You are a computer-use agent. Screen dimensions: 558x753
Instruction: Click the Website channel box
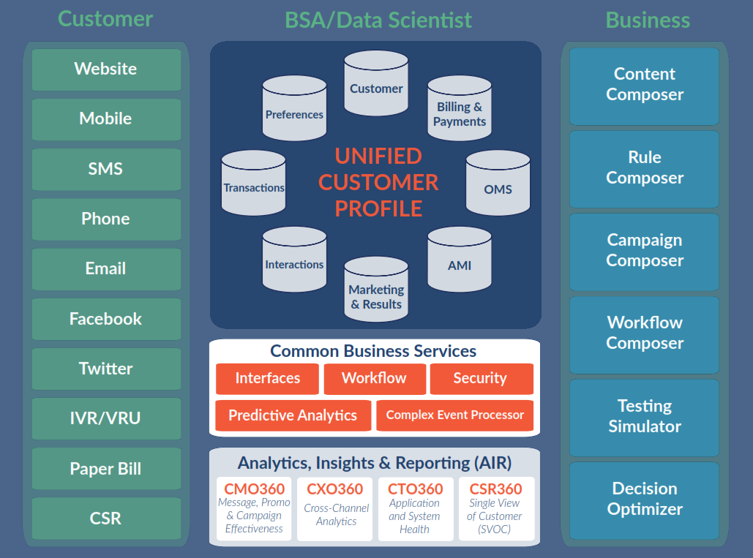coord(106,69)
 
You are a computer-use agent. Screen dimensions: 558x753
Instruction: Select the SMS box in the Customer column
coord(106,169)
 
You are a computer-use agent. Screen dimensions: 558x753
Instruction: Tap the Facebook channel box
coord(106,319)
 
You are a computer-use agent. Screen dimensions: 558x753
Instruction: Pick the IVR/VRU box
coord(106,419)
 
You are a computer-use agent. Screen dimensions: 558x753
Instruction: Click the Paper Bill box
coord(106,469)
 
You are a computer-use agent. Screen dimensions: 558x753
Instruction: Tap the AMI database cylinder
coord(460,261)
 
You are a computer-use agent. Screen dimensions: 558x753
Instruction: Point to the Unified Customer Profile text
coord(378,182)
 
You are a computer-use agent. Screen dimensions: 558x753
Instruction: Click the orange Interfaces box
coord(267,379)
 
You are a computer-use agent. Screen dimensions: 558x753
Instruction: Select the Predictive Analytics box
coord(293,415)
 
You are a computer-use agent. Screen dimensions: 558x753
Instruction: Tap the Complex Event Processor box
coord(454,415)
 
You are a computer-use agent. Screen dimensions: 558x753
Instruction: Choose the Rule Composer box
coord(645,168)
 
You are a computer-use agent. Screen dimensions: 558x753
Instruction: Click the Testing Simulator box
coord(645,417)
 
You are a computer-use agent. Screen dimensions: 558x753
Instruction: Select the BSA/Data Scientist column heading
coord(378,20)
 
